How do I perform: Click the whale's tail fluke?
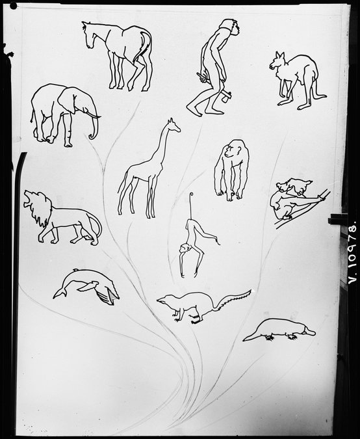coord(60,293)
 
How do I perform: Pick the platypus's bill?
coord(309,332)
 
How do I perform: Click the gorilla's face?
coord(229,151)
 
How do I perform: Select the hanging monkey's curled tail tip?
coord(191,195)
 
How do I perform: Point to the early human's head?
coord(231,27)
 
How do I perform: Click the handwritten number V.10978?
coord(352,252)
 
